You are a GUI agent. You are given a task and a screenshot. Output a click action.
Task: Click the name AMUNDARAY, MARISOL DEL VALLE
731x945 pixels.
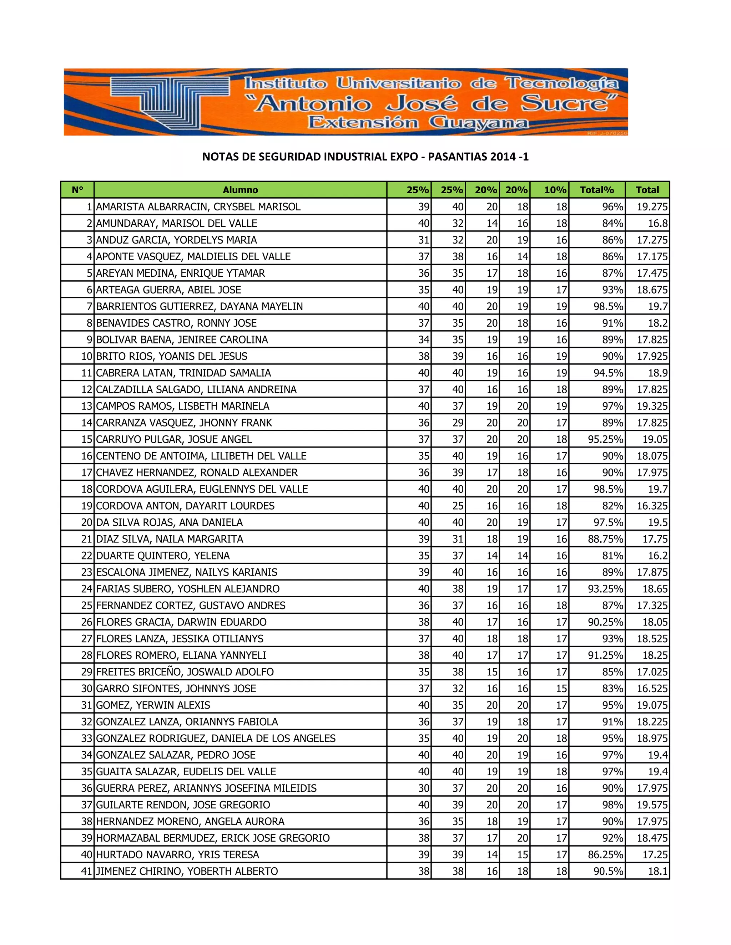point(177,223)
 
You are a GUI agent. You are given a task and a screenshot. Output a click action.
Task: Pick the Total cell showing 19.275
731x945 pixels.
point(652,207)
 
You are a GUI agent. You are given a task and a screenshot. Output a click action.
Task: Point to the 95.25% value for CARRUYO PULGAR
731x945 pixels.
point(605,439)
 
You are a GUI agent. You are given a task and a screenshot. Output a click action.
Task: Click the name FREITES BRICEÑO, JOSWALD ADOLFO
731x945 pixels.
point(185,672)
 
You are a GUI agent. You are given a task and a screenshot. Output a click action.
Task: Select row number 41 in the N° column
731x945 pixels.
point(87,871)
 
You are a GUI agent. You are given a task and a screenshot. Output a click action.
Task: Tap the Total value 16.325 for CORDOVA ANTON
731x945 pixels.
point(652,506)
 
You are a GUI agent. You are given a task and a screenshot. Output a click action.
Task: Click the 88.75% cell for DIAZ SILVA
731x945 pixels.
point(605,539)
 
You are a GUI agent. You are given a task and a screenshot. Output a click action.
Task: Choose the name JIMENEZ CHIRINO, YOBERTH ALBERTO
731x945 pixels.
point(187,871)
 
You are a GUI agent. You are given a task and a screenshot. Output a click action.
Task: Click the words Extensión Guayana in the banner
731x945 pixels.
point(418,123)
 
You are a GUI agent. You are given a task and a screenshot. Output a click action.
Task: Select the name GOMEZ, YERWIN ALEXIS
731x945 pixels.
point(153,705)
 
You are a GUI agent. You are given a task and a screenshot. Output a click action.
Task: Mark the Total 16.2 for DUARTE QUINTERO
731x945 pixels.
point(657,556)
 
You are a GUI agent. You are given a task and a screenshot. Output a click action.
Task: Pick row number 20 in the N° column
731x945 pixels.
point(87,522)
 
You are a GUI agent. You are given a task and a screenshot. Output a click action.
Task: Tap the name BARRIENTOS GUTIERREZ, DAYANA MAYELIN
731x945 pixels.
point(199,306)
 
